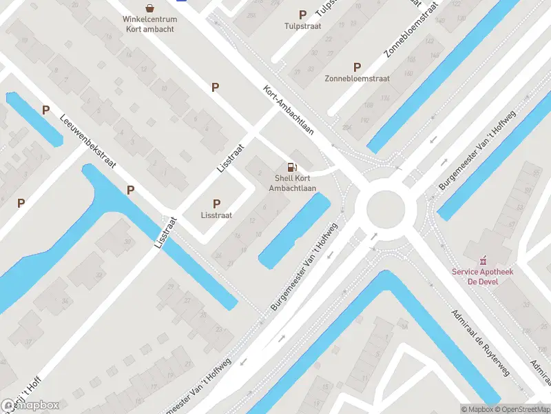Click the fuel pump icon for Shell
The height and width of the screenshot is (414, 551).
(292, 166)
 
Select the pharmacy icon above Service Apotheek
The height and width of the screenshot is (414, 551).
(483, 260)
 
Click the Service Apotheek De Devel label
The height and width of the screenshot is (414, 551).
(483, 277)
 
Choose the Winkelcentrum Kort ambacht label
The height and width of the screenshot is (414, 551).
(149, 24)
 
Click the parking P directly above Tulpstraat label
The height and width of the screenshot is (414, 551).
(302, 14)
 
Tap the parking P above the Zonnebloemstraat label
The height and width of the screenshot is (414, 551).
(357, 67)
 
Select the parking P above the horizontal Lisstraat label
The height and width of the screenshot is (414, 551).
(216, 204)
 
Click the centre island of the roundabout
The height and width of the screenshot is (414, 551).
(384, 209)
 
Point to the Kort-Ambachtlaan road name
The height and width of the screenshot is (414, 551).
(290, 110)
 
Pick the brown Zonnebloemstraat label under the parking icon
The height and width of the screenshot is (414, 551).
(357, 79)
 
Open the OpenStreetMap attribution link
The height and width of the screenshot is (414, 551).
(521, 409)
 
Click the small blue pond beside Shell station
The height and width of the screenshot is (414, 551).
(294, 231)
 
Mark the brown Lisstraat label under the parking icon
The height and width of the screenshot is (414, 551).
(216, 215)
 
